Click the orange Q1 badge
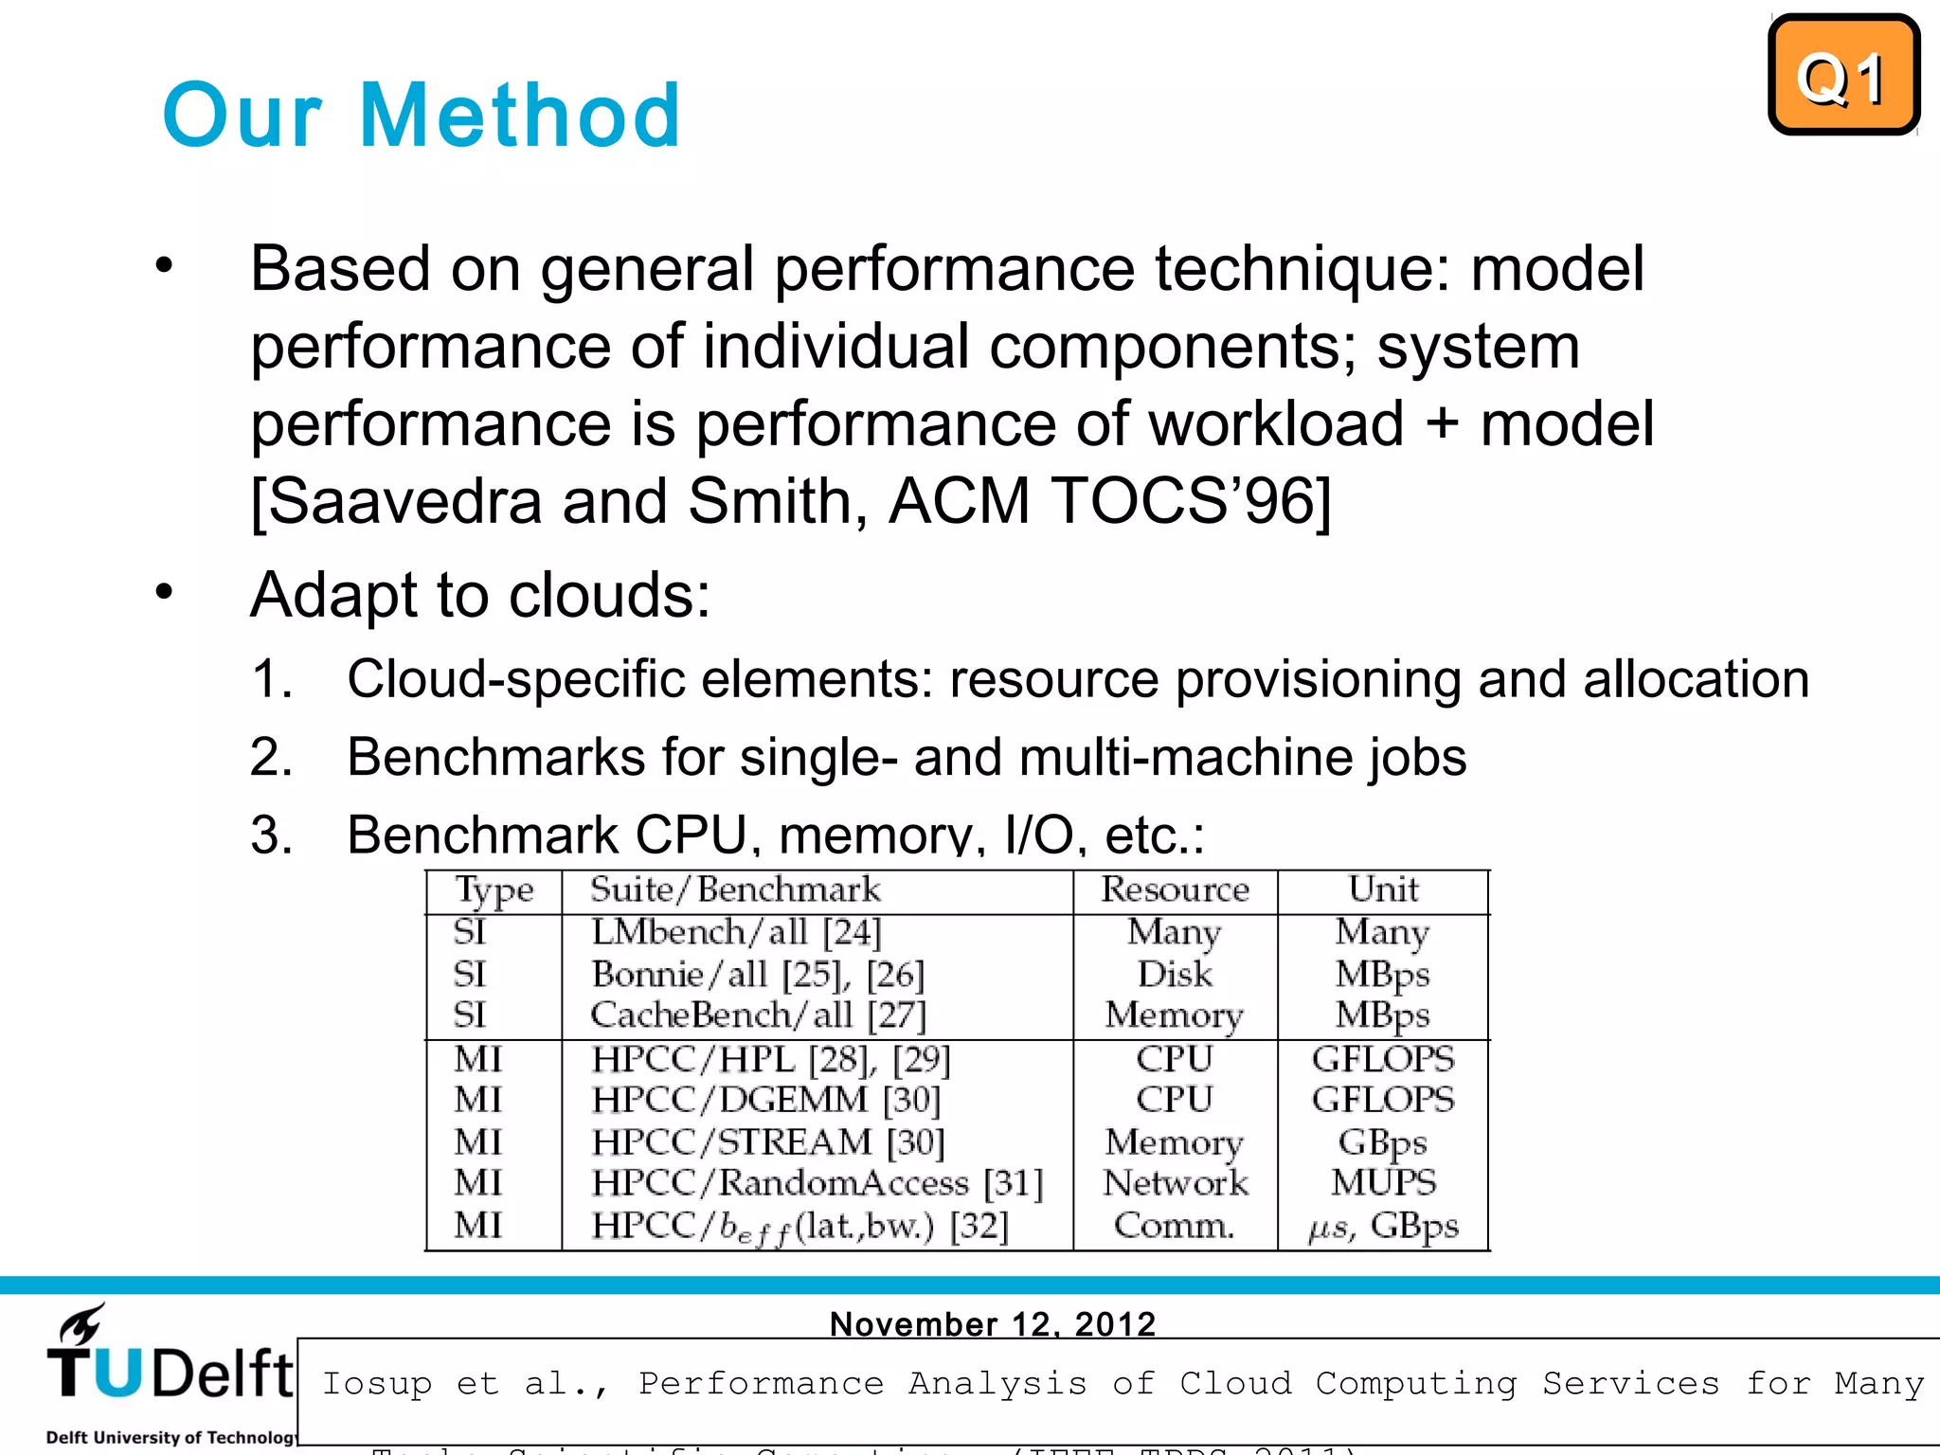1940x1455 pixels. click(1842, 76)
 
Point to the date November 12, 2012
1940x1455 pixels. click(993, 1323)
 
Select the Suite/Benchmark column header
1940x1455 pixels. click(735, 890)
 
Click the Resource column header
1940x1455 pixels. click(1175, 890)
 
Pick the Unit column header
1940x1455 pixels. click(1383, 890)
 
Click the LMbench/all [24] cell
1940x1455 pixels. click(736, 933)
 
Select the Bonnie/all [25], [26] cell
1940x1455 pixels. click(757, 975)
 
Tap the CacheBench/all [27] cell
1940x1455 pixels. click(758, 1015)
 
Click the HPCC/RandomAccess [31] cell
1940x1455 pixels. click(817, 1183)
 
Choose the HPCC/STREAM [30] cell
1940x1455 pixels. click(768, 1142)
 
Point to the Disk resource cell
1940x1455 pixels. click(1175, 975)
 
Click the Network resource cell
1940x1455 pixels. click(1176, 1183)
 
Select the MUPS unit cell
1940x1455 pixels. click(1383, 1183)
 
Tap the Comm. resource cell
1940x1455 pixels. click(1175, 1226)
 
